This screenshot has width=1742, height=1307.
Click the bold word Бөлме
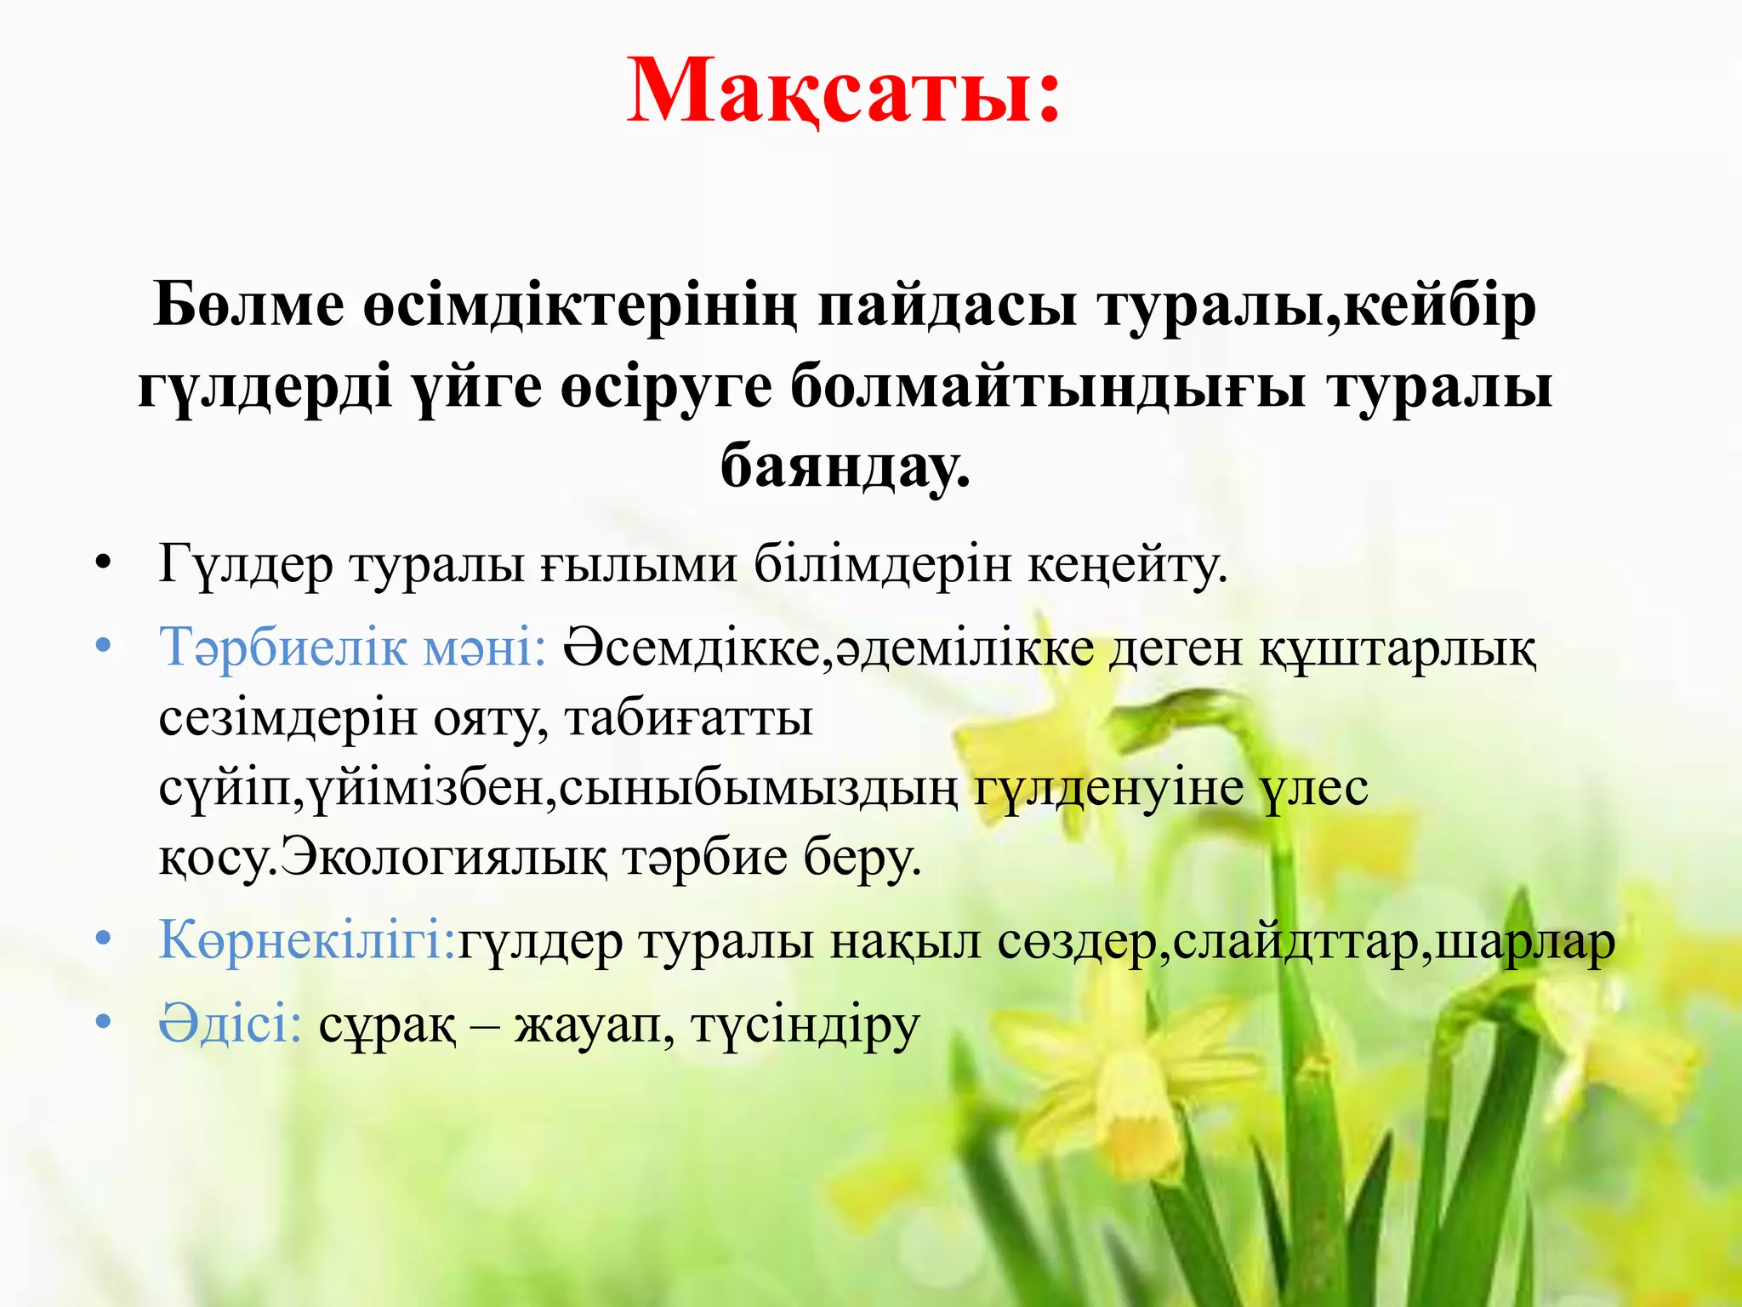249,305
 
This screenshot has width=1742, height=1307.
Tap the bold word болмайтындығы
1047,387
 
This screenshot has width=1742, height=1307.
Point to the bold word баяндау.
845,468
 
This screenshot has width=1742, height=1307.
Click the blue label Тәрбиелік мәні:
352,647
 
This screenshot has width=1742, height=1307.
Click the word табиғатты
689,717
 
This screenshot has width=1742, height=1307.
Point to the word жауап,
595,1024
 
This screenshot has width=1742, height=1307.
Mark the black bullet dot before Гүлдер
104,563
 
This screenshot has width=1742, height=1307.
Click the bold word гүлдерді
265,387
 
